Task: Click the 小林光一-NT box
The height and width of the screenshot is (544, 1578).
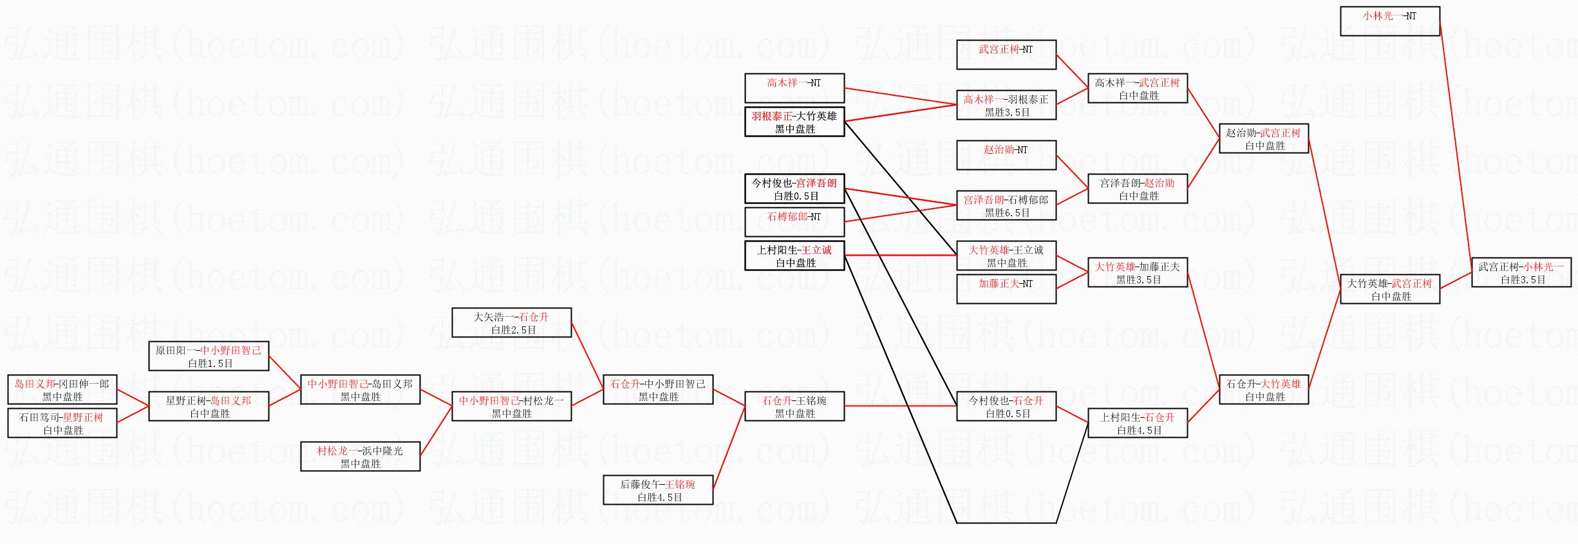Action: (x=1389, y=21)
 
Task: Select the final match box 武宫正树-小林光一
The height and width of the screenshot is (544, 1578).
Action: (x=1521, y=272)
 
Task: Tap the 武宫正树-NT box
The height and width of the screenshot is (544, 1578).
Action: (x=1006, y=55)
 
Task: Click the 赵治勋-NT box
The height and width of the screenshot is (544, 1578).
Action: (x=1006, y=155)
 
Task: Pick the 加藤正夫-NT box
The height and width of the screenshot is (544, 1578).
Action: (x=1006, y=289)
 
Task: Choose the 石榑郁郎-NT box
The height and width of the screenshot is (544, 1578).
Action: (x=794, y=222)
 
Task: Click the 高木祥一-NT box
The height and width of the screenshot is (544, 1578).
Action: (x=794, y=88)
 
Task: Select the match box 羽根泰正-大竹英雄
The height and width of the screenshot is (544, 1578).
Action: (x=794, y=122)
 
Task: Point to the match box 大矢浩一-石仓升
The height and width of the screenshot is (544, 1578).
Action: (x=512, y=323)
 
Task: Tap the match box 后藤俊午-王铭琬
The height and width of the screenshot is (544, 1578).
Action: (x=658, y=490)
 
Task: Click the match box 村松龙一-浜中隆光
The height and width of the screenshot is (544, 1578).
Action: (x=361, y=456)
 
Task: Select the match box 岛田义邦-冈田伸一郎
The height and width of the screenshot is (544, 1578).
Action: (x=62, y=389)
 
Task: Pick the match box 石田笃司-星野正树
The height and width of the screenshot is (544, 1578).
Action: (x=62, y=423)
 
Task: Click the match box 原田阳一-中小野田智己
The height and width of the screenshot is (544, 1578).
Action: (x=209, y=356)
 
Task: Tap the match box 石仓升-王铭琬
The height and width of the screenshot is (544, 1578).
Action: (x=794, y=406)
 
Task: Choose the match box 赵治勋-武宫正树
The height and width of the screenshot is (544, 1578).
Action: (x=1264, y=138)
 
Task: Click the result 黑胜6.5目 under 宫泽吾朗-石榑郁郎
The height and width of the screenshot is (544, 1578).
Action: (x=1007, y=213)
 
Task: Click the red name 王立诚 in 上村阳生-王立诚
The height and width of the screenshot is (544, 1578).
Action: (x=816, y=250)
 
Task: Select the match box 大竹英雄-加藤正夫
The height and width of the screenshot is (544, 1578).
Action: (x=1138, y=272)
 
